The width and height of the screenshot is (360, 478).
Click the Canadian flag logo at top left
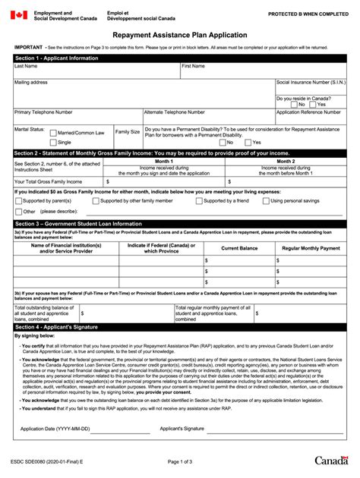point(18,15)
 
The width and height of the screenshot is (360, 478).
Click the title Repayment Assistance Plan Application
point(180,35)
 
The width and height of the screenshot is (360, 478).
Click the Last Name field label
point(26,66)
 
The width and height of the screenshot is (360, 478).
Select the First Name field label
point(193,66)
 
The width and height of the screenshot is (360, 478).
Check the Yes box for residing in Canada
point(312,105)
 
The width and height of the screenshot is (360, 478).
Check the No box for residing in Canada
point(293,105)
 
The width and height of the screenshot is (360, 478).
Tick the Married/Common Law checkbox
point(53,133)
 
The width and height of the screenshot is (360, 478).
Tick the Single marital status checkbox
point(53,142)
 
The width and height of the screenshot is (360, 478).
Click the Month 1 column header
point(164,161)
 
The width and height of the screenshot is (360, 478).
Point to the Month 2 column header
point(286,161)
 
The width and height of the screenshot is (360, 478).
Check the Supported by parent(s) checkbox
point(18,201)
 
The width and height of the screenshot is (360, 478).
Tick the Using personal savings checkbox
point(266,201)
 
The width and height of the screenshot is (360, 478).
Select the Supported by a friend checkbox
point(199,201)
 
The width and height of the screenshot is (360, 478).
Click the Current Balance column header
point(239,248)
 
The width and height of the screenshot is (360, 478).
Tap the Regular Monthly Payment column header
point(311,248)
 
